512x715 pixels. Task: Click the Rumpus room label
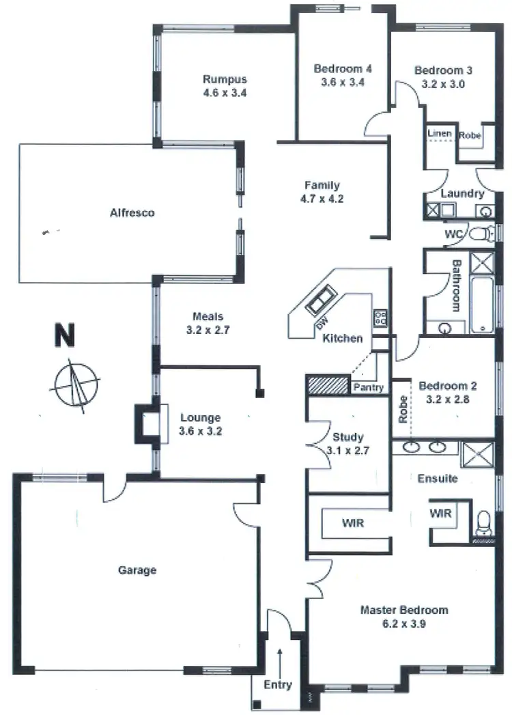[x=224, y=79]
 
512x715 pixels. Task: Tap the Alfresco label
[x=132, y=213]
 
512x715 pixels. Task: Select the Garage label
[x=137, y=570]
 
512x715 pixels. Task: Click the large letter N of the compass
[x=64, y=337]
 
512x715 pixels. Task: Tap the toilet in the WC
[x=483, y=234]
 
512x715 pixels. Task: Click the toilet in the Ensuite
[x=484, y=522]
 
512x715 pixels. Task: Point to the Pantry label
[x=369, y=387]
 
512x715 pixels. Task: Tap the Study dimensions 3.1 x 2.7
[x=347, y=450]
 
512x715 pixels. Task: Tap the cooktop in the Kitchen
[x=380, y=318]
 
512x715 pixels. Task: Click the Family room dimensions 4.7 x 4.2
[x=322, y=199]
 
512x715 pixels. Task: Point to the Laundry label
[x=462, y=193]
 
